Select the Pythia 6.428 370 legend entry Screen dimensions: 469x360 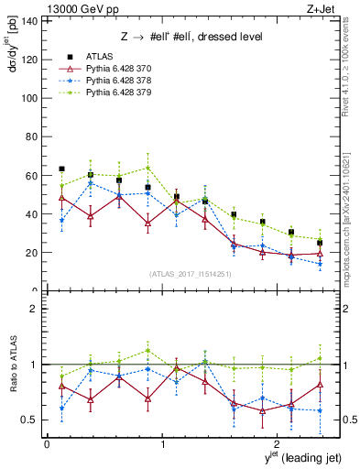click(x=111, y=68)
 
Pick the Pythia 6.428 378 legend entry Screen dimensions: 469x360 click(x=111, y=81)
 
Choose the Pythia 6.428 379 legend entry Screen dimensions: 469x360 click(x=111, y=93)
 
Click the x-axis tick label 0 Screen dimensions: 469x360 click(x=47, y=445)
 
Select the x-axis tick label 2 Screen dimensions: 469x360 click(x=278, y=445)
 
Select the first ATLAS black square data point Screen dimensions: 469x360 click(x=61, y=169)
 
